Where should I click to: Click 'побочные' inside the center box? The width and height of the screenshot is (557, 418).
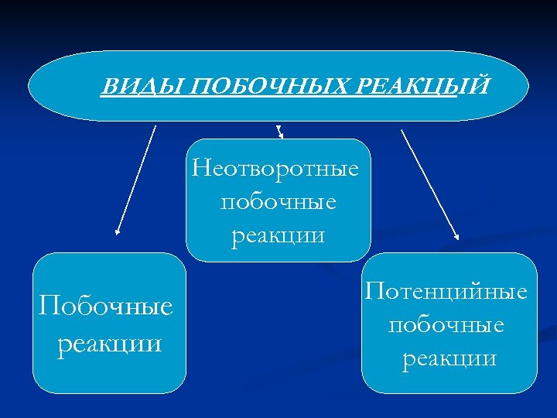click(278, 202)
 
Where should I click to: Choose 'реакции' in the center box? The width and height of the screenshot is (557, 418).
click(278, 235)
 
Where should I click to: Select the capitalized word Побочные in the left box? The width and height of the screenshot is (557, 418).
click(106, 307)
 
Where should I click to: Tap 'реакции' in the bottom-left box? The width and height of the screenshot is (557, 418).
click(110, 341)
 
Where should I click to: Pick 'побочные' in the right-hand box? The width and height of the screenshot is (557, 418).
click(446, 324)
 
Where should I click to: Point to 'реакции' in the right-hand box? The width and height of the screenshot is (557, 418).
click(449, 358)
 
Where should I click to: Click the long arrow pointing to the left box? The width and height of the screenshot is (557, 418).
click(136, 180)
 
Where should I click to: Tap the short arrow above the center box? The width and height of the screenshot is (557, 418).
click(279, 132)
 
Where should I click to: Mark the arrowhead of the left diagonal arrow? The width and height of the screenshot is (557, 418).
click(118, 231)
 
